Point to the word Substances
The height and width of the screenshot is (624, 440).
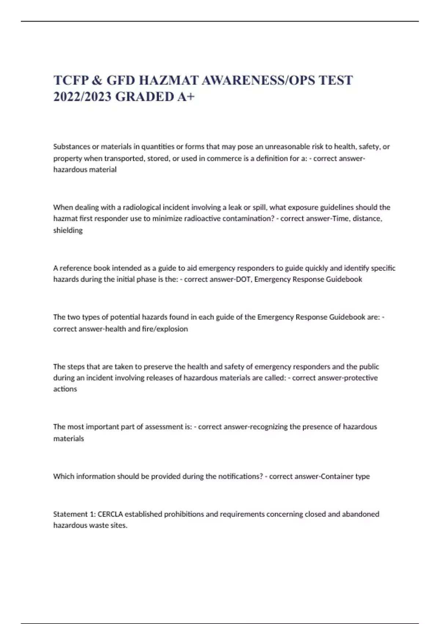click(x=71, y=146)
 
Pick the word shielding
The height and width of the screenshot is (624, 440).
click(x=68, y=230)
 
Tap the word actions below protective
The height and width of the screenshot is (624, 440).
click(x=65, y=389)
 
